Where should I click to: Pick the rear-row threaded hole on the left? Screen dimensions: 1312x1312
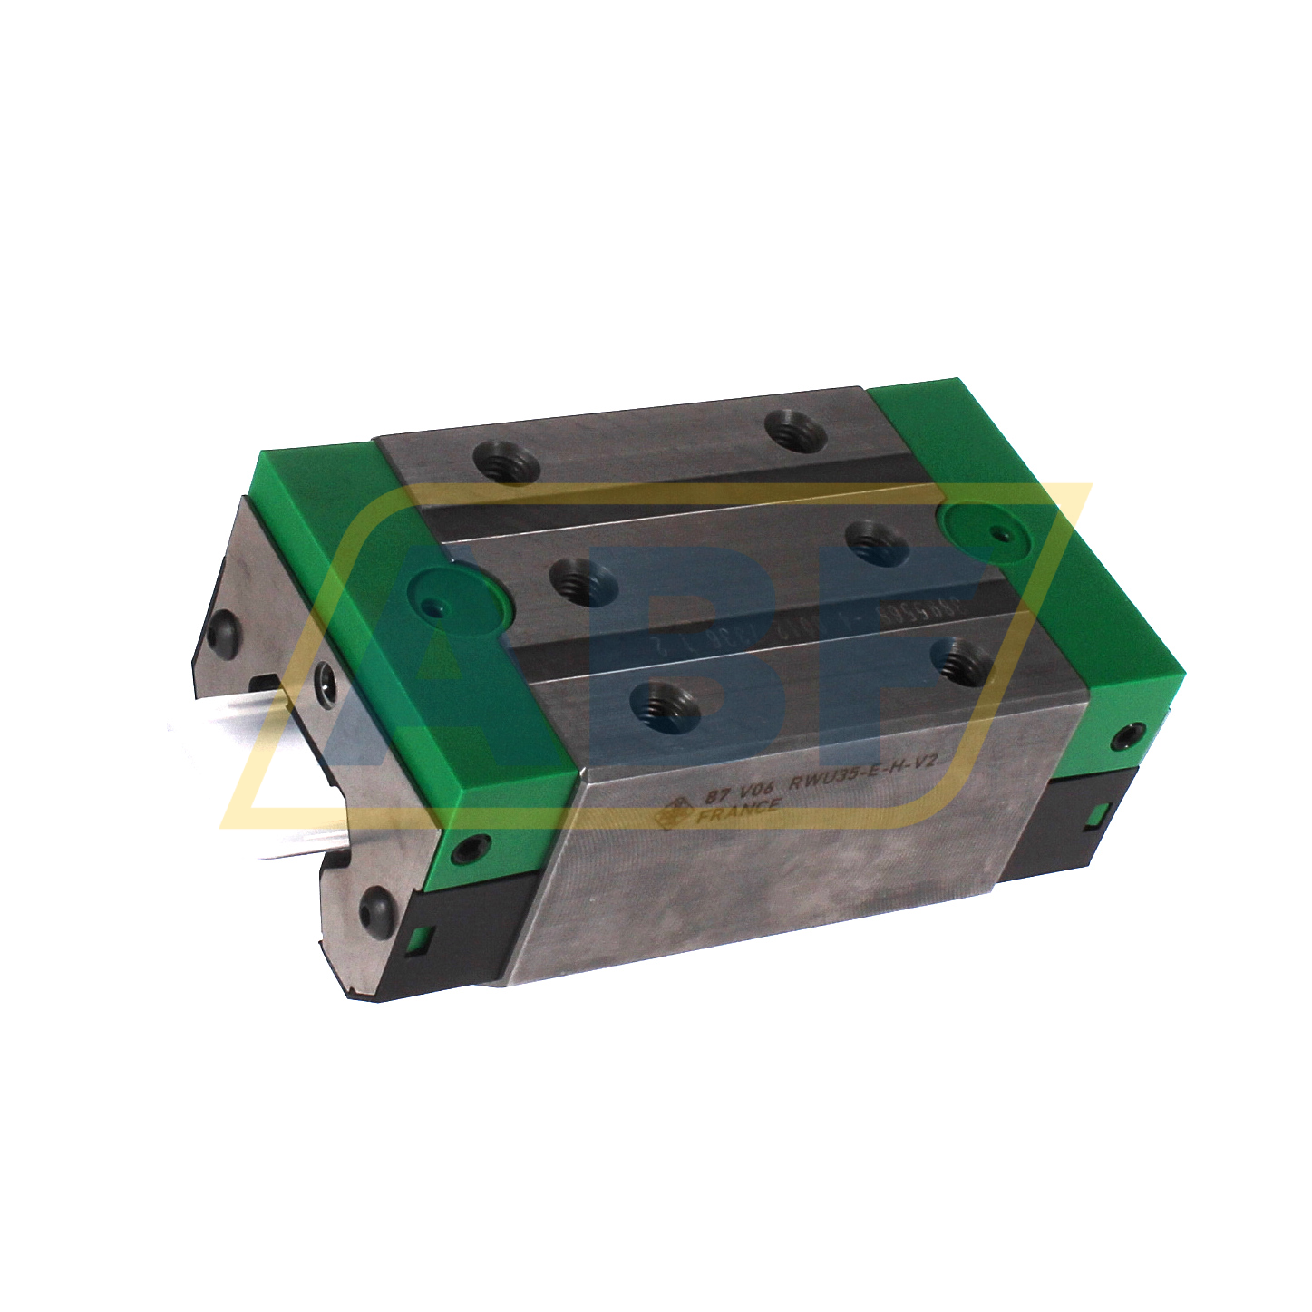click(506, 466)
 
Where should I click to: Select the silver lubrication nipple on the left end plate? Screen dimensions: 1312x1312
click(324, 680)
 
